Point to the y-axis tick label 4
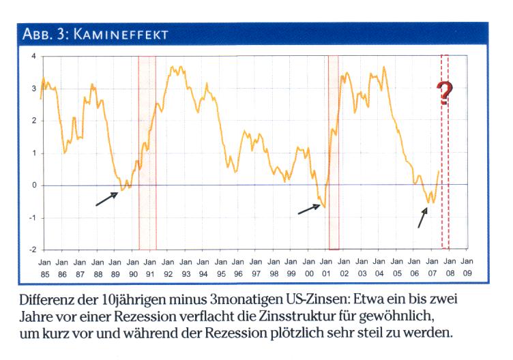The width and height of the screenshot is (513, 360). [x=33, y=56]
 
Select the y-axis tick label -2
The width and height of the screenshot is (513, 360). [x=31, y=250]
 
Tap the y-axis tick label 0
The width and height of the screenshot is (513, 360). [x=33, y=185]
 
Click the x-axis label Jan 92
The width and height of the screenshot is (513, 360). [x=168, y=267]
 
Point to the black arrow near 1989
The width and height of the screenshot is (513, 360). [x=107, y=198]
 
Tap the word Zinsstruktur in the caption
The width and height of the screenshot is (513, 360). [x=287, y=317]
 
